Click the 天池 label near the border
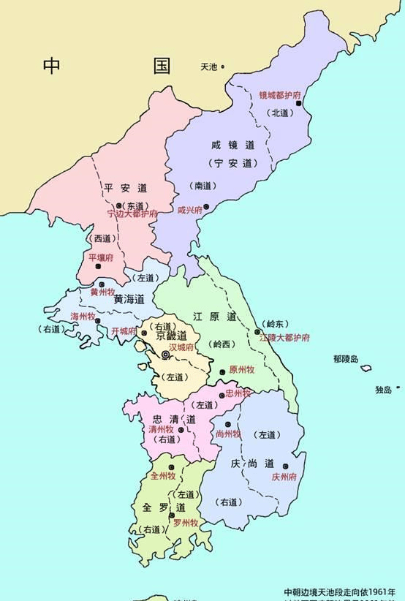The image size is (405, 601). click(x=208, y=67)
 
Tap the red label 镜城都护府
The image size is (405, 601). click(x=280, y=96)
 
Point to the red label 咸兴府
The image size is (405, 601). click(x=190, y=209)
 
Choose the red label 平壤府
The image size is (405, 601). click(x=101, y=258)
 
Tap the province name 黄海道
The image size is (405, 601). click(x=129, y=299)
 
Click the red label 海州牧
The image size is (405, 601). click(x=83, y=317)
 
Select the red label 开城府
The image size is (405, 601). click(x=124, y=331)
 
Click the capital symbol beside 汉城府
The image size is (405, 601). click(x=166, y=355)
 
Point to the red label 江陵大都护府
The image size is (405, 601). click(x=284, y=338)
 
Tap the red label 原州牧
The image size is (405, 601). click(x=241, y=370)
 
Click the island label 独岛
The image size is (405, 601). click(x=384, y=390)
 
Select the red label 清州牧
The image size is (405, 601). click(x=162, y=430)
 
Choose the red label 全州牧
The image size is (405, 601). click(x=163, y=476)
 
